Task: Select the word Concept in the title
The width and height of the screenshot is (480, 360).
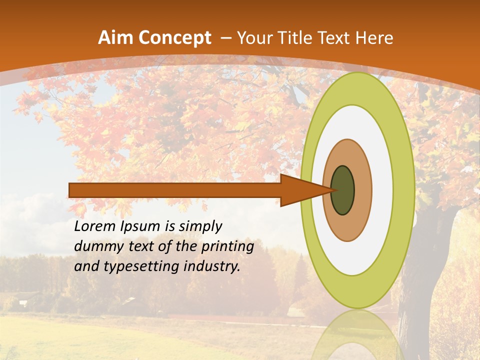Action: pyautogui.click(x=175, y=38)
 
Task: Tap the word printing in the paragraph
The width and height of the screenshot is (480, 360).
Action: pyautogui.click(x=227, y=247)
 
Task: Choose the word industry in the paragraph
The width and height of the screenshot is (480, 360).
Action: pyautogui.click(x=212, y=266)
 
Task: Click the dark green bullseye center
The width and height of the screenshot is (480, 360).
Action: pyautogui.click(x=343, y=190)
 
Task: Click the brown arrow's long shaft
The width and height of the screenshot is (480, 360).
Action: pyautogui.click(x=175, y=190)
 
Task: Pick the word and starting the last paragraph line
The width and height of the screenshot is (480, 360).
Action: pyautogui.click(x=86, y=266)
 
